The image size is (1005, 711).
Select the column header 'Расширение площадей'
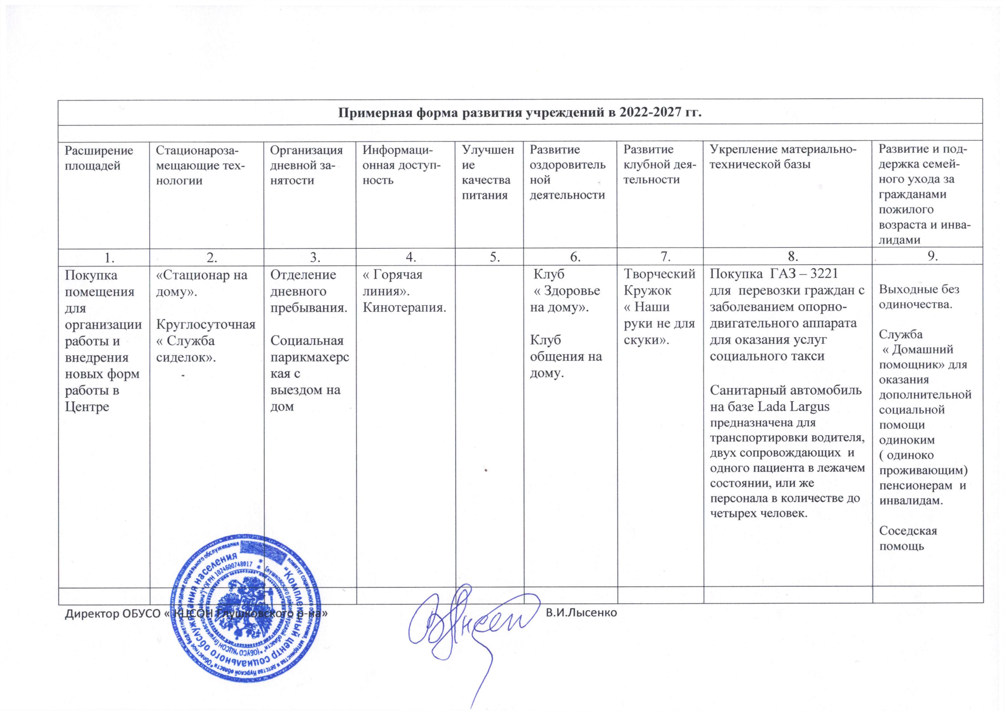(x=99, y=158)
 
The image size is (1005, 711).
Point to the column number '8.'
(x=787, y=258)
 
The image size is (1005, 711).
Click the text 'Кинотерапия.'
(x=405, y=308)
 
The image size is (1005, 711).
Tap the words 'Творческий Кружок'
(x=659, y=283)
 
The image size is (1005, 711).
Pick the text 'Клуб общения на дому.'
(x=565, y=357)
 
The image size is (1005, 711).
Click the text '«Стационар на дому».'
(x=202, y=283)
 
